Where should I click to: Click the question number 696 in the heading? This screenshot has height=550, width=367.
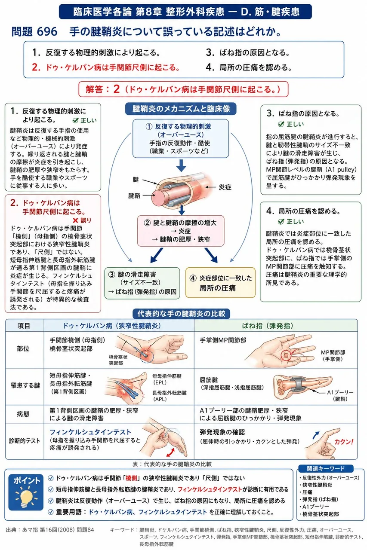(47, 32)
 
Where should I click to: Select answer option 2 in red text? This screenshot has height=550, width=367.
(106, 67)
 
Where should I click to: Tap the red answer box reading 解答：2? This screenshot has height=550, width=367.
(183, 89)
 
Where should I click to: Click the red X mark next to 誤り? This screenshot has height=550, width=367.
(75, 220)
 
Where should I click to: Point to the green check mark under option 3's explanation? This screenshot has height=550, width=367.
(281, 124)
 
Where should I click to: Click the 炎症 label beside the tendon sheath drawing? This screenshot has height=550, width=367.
(225, 187)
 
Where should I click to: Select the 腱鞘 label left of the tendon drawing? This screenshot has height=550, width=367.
(134, 196)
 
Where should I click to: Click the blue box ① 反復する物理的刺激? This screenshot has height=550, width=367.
(181, 138)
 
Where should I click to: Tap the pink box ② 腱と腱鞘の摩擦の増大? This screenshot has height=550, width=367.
(181, 231)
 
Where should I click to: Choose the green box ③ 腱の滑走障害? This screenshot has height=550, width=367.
(142, 283)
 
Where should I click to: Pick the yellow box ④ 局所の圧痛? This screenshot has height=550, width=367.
(220, 283)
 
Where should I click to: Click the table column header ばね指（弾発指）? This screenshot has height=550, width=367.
(268, 326)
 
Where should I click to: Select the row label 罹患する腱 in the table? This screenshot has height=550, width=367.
(25, 385)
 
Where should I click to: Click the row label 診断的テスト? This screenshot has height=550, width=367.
(25, 441)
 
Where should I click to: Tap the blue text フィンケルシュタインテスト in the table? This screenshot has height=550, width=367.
(90, 432)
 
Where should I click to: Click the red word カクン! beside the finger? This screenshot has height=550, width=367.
(344, 442)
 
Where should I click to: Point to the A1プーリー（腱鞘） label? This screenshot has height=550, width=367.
(340, 396)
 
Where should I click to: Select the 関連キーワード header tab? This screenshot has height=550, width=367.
(325, 468)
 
